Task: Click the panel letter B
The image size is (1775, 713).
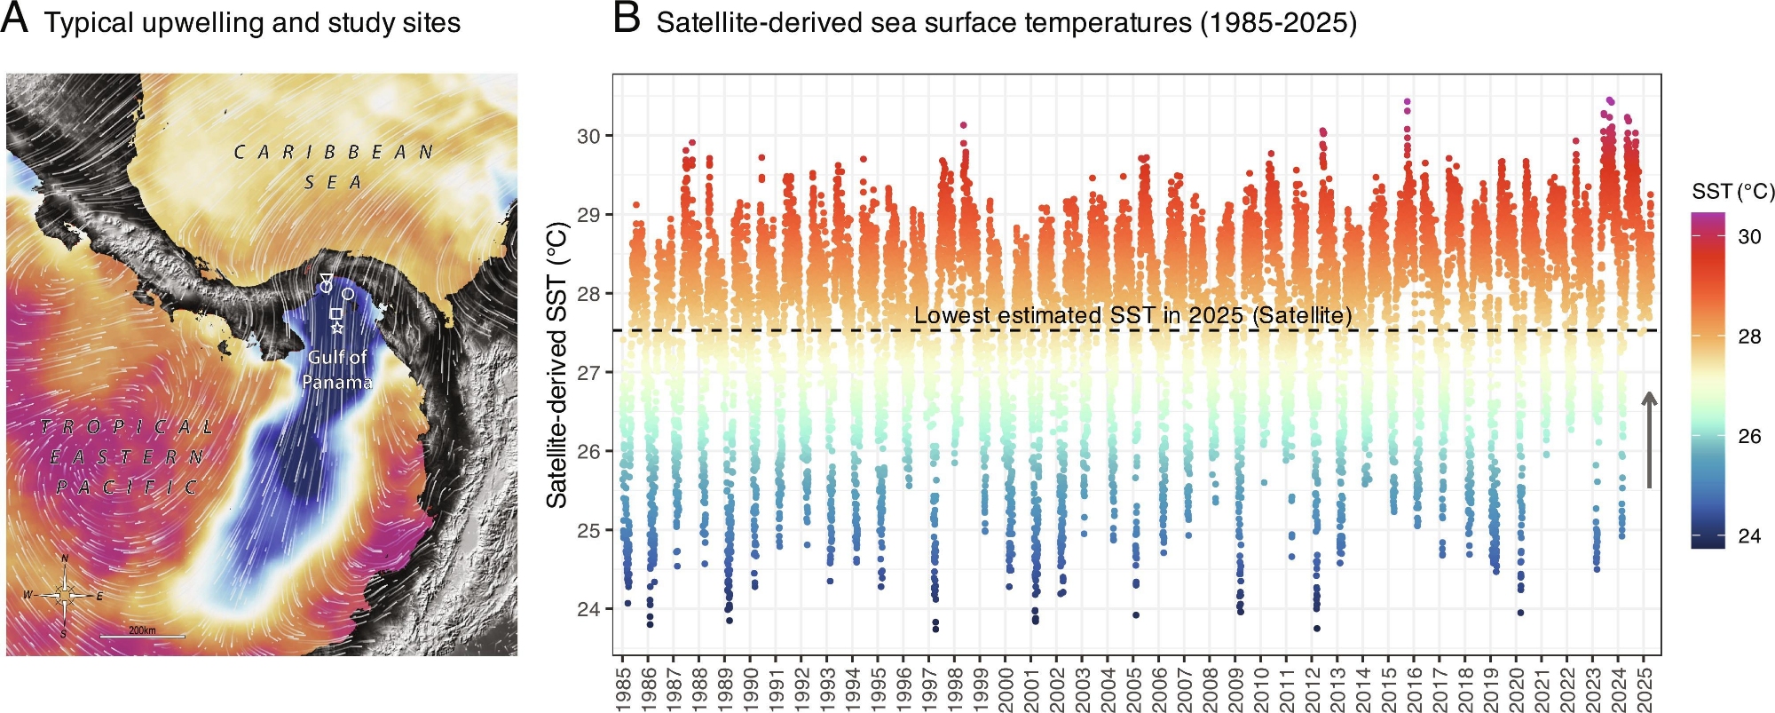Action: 627,19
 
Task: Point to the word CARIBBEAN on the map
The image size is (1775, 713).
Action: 334,153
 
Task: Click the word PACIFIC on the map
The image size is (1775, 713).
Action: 127,487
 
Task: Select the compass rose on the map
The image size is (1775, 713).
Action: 65,595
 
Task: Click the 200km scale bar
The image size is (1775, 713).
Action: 142,636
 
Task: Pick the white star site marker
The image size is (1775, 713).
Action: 337,328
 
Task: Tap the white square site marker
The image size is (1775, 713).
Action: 335,313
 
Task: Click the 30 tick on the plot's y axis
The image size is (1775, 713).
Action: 588,136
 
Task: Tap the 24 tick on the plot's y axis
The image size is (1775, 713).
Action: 588,609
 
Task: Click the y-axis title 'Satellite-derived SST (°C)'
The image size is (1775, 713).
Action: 557,365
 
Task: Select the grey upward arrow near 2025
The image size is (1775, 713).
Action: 1649,440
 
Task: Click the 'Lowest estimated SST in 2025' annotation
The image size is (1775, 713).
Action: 1132,315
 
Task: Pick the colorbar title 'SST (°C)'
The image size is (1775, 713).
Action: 1732,191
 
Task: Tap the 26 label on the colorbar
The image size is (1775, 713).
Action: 1749,436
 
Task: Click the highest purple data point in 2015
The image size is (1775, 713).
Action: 1407,101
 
